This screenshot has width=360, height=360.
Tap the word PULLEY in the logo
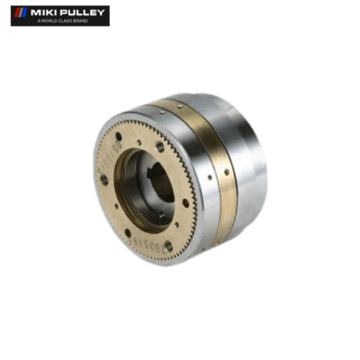82,12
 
